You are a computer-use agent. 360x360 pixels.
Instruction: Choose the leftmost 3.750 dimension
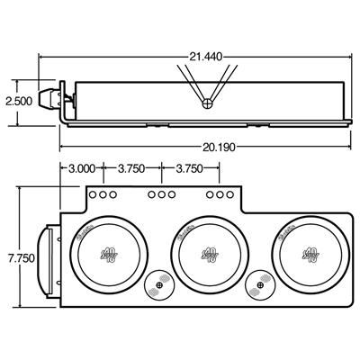click(133, 166)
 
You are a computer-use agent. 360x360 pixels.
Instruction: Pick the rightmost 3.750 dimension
click(187, 166)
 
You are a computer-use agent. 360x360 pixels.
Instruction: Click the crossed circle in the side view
click(209, 103)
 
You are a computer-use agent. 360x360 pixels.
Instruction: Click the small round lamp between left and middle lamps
click(159, 287)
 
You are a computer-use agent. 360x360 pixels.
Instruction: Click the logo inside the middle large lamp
click(209, 256)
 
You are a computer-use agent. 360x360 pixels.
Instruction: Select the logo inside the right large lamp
click(309, 256)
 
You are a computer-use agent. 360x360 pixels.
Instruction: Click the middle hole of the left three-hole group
click(103, 194)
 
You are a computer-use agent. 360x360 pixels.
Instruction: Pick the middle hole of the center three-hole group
click(160, 194)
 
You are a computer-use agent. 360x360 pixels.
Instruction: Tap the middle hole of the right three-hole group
click(217, 194)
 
